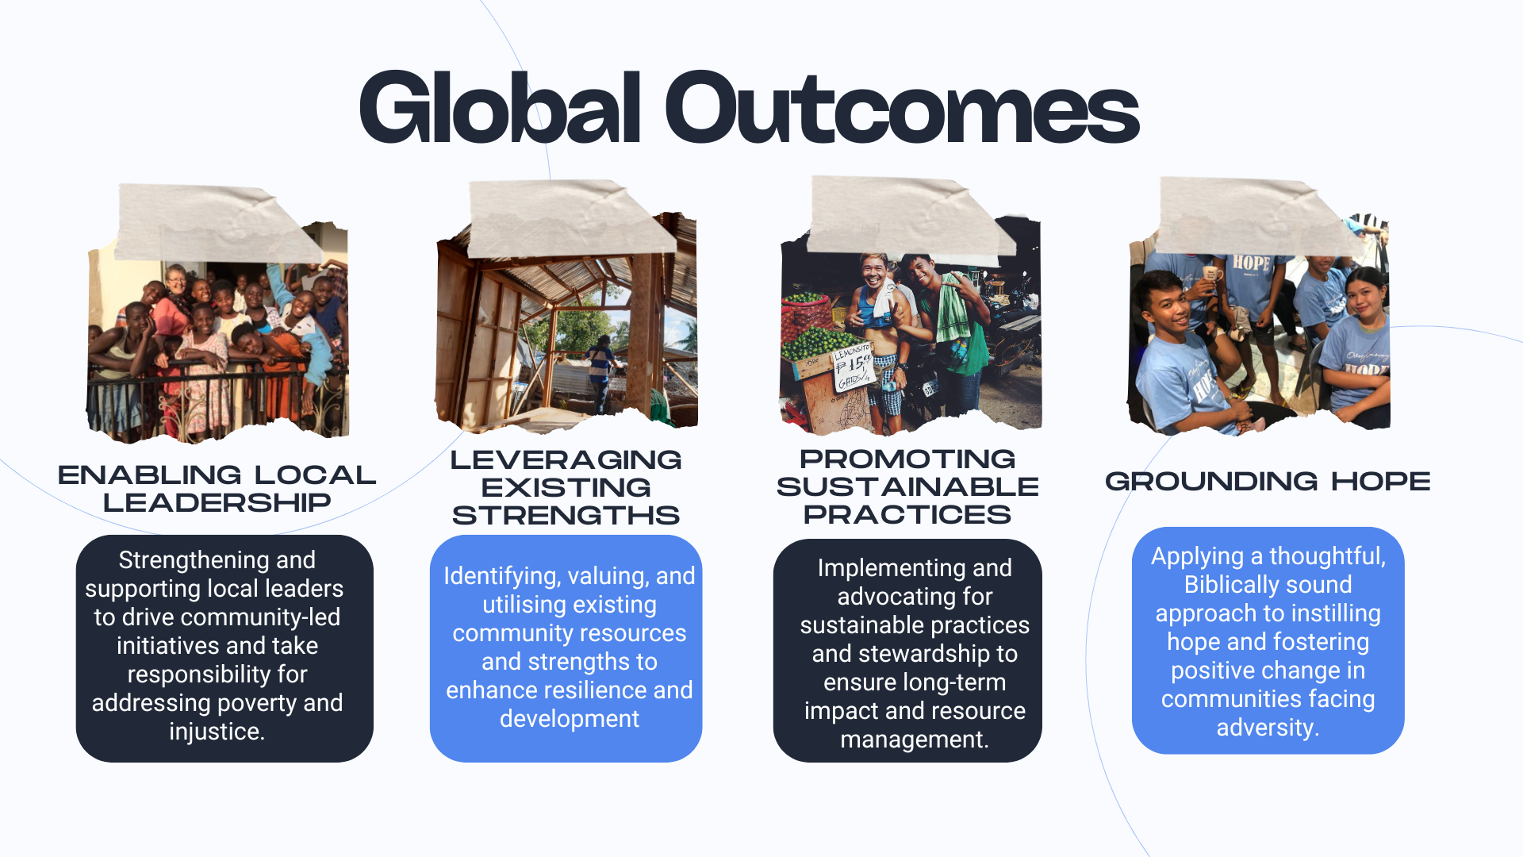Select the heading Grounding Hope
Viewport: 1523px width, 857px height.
tap(1268, 481)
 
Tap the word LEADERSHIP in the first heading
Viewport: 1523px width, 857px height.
tap(217, 502)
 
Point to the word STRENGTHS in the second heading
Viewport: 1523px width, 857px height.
tap(566, 515)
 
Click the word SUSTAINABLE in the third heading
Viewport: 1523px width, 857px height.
tap(907, 486)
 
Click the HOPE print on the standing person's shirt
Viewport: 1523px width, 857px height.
tap(1251, 263)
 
